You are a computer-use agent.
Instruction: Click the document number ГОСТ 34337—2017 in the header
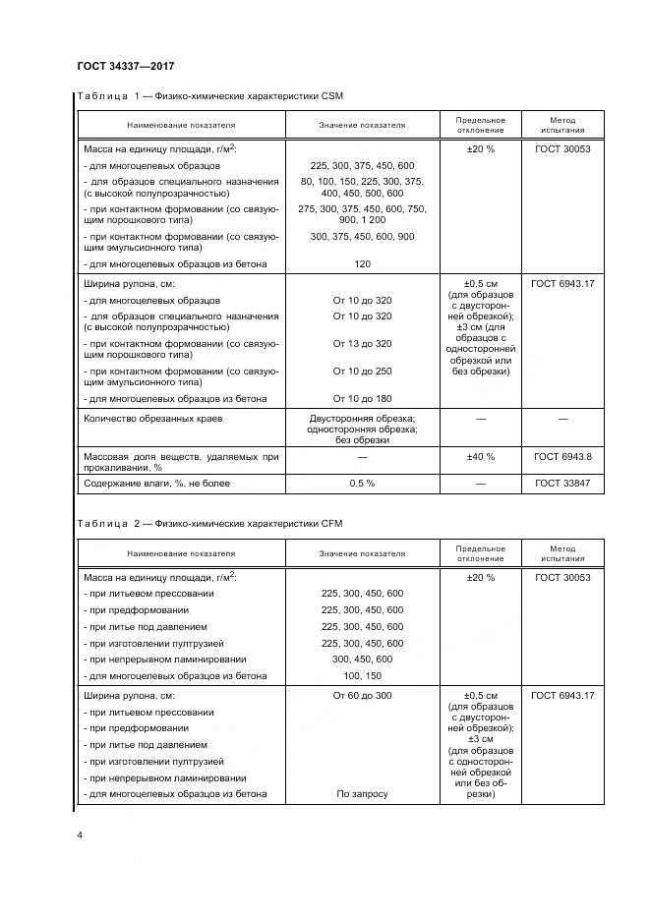coord(125,67)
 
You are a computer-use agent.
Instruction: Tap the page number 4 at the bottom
coord(79,835)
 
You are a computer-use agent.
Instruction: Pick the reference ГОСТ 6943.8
coord(562,457)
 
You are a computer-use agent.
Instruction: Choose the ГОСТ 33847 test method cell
coord(562,484)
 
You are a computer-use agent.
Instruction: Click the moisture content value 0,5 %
coord(362,484)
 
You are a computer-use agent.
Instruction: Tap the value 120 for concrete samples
coord(362,264)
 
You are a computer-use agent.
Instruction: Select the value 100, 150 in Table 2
coord(362,676)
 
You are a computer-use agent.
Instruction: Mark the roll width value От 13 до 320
coord(362,343)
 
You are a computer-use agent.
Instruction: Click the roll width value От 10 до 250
coord(362,371)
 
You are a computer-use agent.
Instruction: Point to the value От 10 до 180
coord(362,398)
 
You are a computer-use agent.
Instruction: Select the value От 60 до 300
coord(362,695)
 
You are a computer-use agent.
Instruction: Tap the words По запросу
coord(362,794)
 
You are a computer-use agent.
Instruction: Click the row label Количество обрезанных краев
coord(153,419)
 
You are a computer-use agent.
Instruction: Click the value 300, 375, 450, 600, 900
coord(362,237)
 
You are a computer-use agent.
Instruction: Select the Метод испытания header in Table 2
coord(562,552)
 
